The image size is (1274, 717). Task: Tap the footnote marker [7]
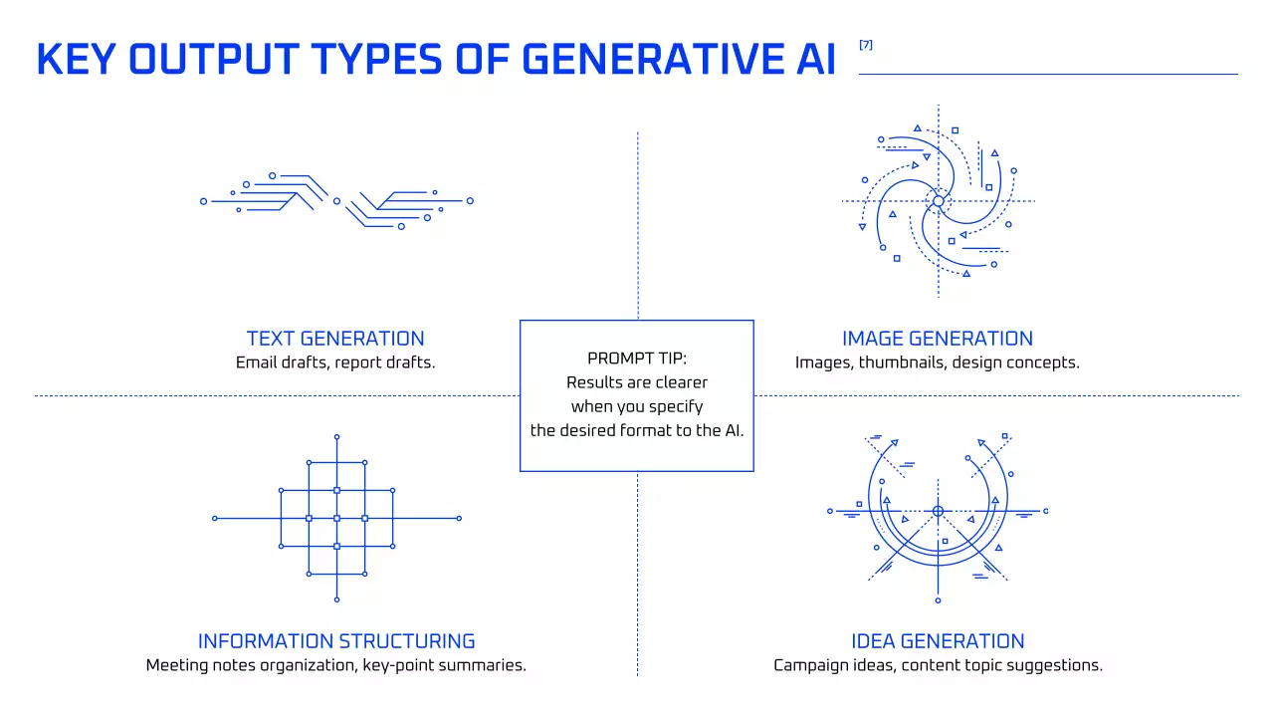click(866, 45)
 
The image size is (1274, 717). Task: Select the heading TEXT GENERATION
click(335, 339)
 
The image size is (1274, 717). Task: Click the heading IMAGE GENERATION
click(938, 339)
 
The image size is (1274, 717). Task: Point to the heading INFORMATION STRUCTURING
click(336, 641)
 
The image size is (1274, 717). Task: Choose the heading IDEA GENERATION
click(938, 641)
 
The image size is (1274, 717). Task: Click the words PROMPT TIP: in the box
click(637, 358)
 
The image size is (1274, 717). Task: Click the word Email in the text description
click(257, 362)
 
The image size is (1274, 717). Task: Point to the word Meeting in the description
click(177, 665)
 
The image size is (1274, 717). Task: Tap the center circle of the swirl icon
click(939, 201)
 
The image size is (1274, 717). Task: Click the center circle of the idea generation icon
click(938, 511)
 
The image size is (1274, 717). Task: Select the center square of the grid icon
click(336, 519)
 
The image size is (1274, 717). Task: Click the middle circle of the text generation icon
click(336, 201)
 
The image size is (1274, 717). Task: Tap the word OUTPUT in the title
click(214, 59)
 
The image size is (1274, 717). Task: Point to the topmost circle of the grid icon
click(336, 437)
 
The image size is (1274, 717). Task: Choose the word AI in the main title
click(816, 59)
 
